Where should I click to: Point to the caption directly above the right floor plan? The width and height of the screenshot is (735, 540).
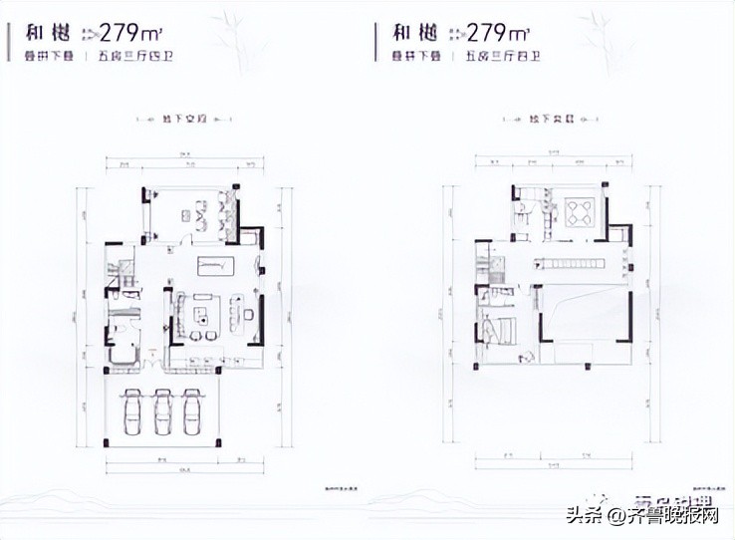[552, 119]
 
